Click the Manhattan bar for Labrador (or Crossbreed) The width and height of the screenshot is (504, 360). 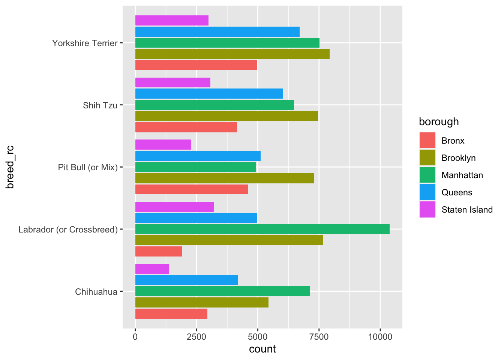tap(262, 229)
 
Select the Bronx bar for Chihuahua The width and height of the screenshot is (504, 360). tap(171, 314)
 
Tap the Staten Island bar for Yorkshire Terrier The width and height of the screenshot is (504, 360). tap(172, 21)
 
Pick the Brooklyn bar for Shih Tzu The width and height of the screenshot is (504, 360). tap(226, 116)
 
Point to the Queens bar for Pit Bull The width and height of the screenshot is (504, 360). tap(198, 156)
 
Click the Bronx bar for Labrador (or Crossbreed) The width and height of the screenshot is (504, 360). tap(159, 252)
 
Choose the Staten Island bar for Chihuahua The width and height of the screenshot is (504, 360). tap(152, 269)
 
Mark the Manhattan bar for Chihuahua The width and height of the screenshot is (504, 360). tap(222, 291)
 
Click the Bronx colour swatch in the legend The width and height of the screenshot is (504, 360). tap(427, 141)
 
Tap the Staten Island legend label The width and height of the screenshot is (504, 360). tap(467, 210)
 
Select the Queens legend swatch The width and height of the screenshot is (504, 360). tap(427, 192)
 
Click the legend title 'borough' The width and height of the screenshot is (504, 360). tap(439, 122)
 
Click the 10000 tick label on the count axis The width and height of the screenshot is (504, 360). tap(380, 336)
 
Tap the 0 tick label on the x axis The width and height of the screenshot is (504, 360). tap(135, 336)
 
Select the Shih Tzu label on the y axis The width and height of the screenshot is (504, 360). tap(100, 105)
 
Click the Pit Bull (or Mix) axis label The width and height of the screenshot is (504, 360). tap(88, 167)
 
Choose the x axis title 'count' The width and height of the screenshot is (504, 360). tap(262, 349)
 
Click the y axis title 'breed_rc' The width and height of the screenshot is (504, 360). tap(10, 167)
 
